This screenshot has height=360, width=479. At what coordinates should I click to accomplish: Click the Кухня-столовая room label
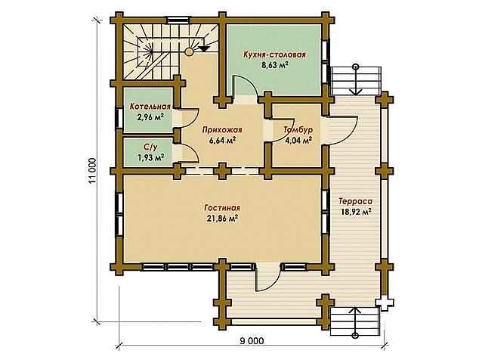tap(274, 54)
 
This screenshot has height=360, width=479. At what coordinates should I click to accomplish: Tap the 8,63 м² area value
tap(275, 65)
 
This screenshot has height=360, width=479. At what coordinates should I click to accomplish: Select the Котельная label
tap(150, 107)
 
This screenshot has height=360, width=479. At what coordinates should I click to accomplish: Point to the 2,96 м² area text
tap(150, 116)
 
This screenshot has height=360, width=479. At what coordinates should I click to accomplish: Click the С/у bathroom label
tap(150, 147)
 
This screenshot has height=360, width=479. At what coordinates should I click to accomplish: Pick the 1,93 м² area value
tap(150, 157)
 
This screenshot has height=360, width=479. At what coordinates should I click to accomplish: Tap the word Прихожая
tap(222, 130)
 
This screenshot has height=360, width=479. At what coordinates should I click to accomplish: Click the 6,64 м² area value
tap(222, 141)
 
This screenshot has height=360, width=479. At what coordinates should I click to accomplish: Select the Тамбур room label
tap(298, 129)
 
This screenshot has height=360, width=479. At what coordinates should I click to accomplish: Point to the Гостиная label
tap(222, 208)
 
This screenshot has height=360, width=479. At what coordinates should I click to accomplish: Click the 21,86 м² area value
tap(222, 219)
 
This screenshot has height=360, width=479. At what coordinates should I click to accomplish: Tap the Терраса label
tap(356, 201)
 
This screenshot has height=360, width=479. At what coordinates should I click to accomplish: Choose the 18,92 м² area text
tap(356, 212)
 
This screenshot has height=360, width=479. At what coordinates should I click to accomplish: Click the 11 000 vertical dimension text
tap(92, 171)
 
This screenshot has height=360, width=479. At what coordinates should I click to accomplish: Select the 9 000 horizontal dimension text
tap(252, 341)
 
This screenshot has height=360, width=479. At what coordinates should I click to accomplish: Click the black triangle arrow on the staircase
tap(204, 48)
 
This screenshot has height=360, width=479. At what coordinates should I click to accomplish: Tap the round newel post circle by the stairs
tap(190, 51)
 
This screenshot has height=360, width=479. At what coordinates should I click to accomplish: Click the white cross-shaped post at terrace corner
tap(385, 303)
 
